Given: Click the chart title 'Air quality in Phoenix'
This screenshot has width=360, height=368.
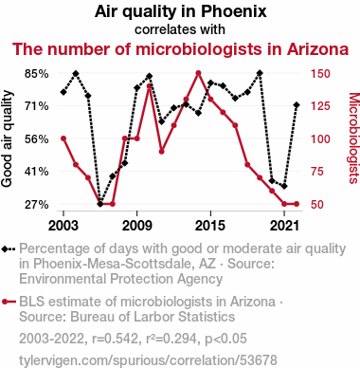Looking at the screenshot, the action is pos(181,11).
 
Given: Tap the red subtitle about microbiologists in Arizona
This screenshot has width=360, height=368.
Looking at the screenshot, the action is pos(181,49).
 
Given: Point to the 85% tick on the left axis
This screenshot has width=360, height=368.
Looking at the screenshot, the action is pos(37,74).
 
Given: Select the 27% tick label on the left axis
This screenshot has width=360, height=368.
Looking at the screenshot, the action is pos(37,205).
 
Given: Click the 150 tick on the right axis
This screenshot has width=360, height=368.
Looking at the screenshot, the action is pos(320,74).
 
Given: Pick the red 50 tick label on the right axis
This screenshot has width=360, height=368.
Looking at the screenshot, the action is pos(317,205).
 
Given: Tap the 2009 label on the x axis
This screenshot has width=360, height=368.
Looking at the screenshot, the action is pos(136,226).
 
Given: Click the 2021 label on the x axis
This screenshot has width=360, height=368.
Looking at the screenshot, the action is pos(284,226).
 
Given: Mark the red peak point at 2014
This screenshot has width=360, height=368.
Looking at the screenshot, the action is pos(198,73).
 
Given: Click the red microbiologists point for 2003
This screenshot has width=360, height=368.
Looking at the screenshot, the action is pos(63,138).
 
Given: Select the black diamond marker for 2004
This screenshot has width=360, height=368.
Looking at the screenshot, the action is pos(76,74).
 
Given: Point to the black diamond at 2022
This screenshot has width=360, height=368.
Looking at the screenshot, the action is pos(297,105).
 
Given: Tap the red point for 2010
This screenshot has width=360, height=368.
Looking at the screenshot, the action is pos(150,86).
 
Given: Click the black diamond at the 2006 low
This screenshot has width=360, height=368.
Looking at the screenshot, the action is pos(100,204).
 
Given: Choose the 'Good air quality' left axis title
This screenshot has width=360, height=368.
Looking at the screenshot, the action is pos(7,138).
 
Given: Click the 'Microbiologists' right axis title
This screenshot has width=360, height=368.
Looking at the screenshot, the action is pos(353,138).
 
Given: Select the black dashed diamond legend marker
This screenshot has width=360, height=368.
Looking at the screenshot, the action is pos(9,249).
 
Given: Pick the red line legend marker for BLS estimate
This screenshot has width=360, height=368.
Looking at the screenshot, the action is pos(9,302).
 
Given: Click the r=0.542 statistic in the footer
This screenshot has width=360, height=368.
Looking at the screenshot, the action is pos(115,339).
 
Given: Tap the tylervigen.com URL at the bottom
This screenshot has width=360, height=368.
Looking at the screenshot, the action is pos(148,360).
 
